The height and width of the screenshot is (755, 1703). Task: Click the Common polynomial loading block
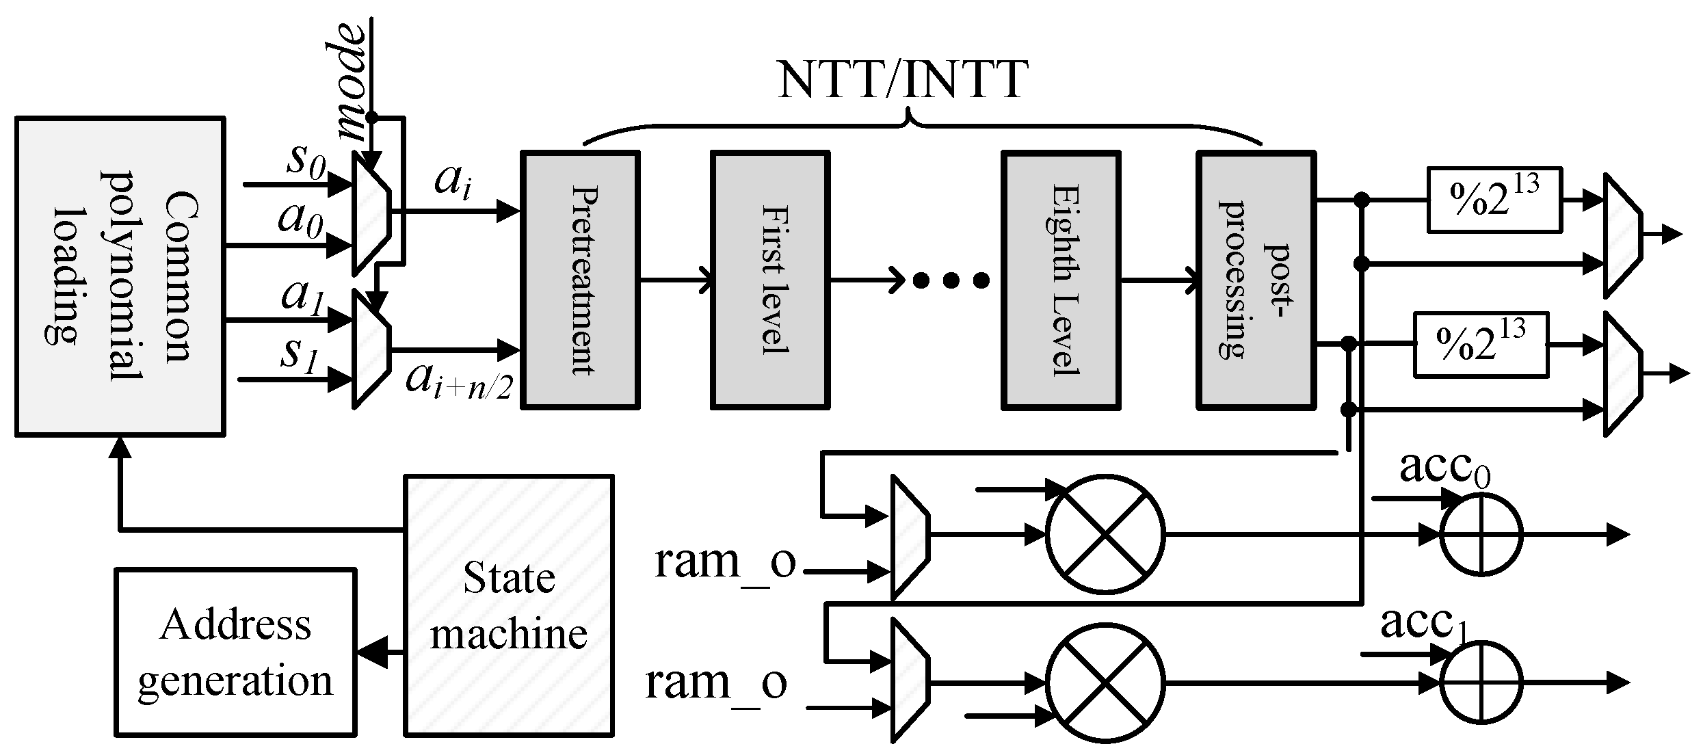[x=120, y=276]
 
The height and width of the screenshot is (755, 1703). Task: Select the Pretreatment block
[x=580, y=280]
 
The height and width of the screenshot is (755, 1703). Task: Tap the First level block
[x=770, y=280]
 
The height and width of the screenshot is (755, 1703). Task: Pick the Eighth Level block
[x=1061, y=280]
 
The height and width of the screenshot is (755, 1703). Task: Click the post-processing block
[x=1256, y=280]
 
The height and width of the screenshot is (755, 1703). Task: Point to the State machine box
[x=509, y=605]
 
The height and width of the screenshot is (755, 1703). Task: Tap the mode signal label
[x=354, y=82]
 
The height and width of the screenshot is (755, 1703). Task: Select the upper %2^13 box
[x=1494, y=200]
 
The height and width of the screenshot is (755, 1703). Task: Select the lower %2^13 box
[x=1481, y=345]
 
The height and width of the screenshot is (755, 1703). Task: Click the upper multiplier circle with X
[x=1105, y=534]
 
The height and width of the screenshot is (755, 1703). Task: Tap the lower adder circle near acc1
[x=1481, y=682]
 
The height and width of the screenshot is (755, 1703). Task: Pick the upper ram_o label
[x=725, y=562]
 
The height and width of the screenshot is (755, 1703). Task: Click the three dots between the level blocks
[x=951, y=280]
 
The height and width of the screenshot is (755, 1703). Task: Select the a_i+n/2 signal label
[x=459, y=380]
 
